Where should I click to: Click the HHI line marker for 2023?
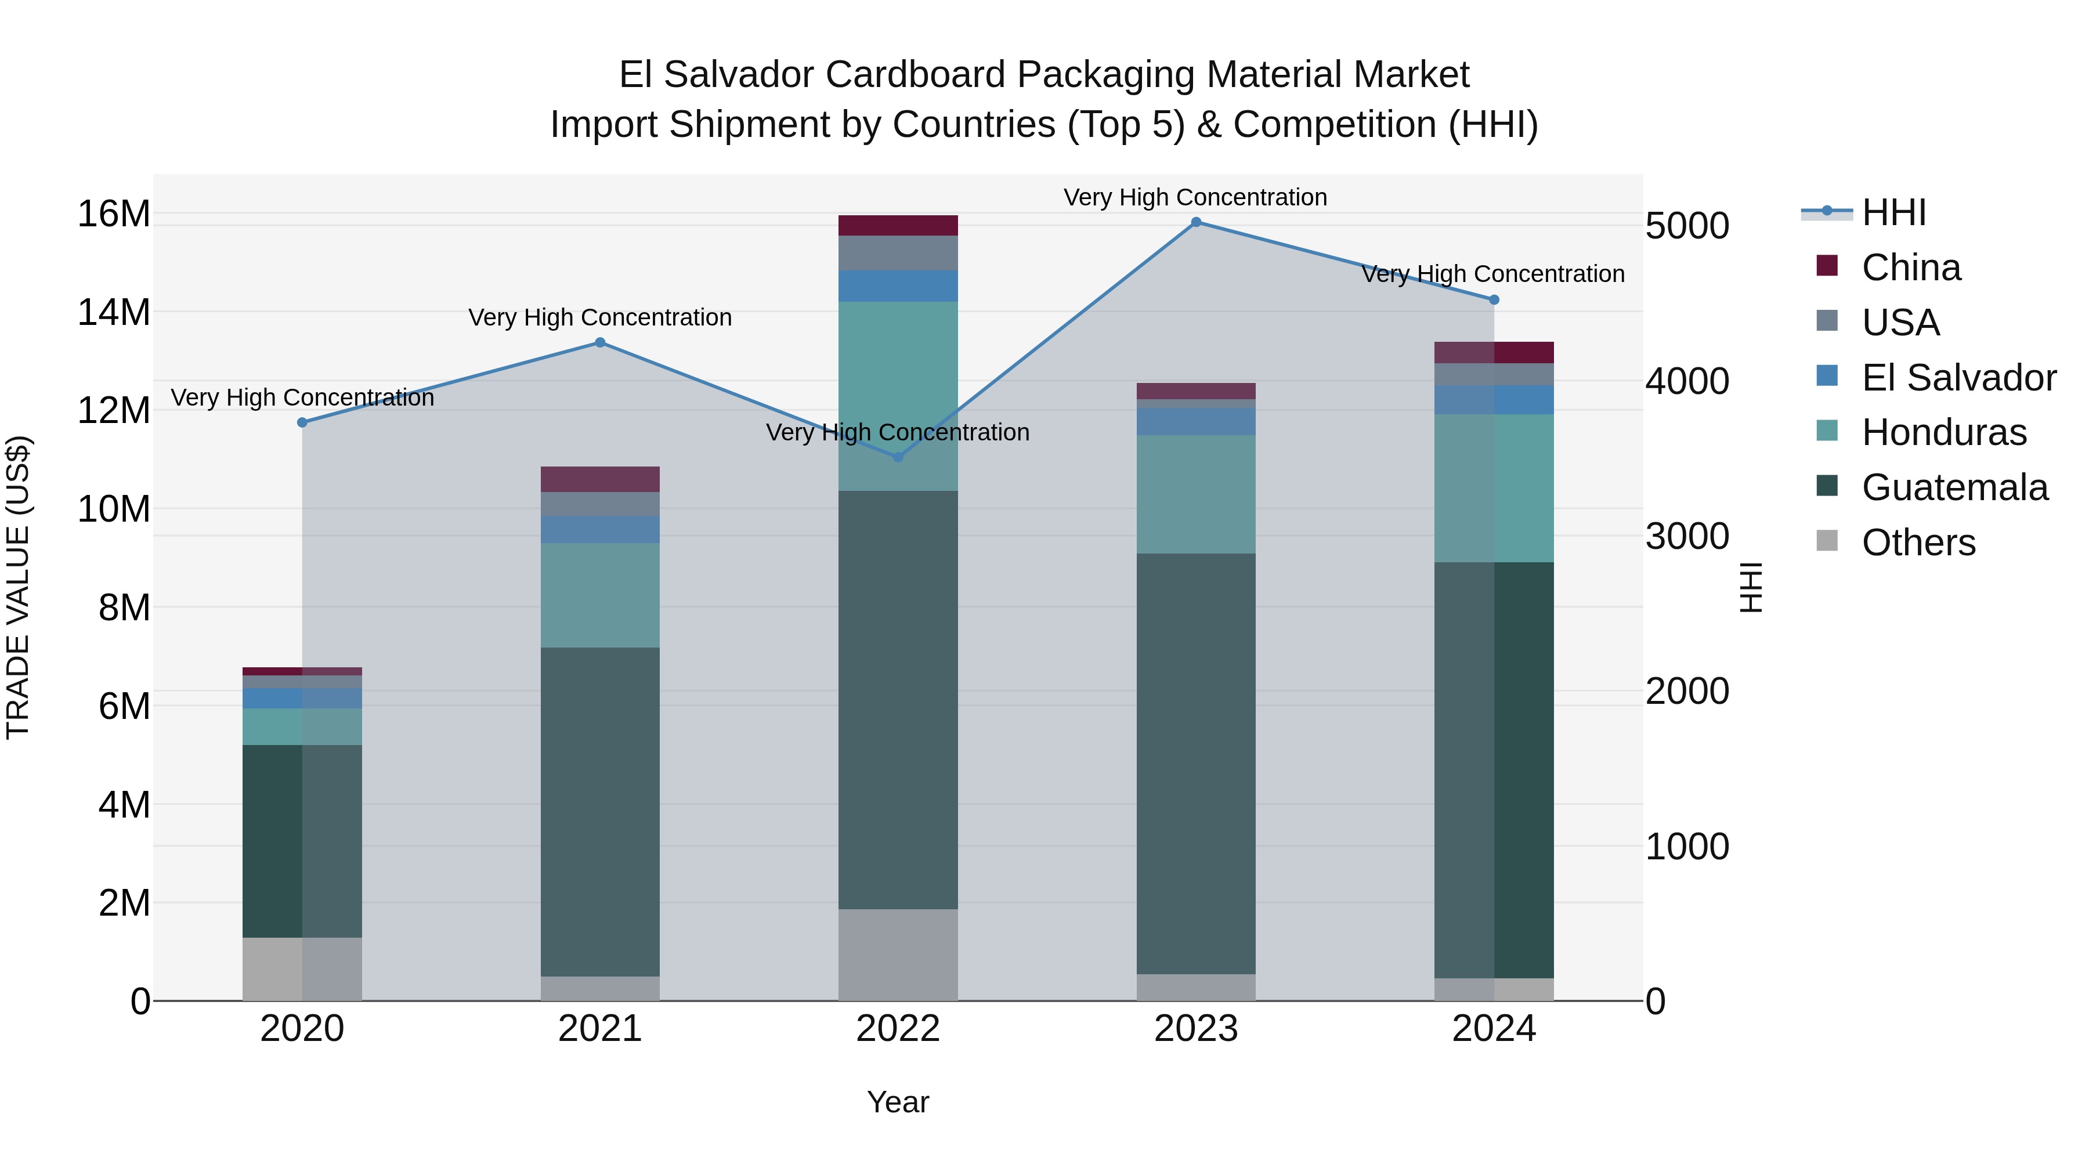coord(1195,222)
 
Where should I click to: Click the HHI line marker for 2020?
coord(302,422)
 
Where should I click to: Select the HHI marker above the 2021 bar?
coord(600,343)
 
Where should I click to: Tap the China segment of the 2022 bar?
coord(898,226)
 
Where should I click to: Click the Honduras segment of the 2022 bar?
coord(898,396)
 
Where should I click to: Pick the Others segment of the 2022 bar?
coord(898,955)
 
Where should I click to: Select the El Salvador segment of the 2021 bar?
coord(600,530)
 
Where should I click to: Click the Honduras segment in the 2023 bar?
coord(1195,494)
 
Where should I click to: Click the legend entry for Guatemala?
coord(1954,487)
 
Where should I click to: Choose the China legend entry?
coord(1911,267)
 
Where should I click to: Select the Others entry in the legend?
coord(1918,543)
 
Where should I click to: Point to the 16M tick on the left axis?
coord(114,214)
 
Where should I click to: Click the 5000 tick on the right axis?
coord(1687,226)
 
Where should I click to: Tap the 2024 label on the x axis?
coord(1494,1029)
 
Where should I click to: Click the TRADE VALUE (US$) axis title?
coord(18,587)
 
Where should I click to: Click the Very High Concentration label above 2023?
coord(1195,197)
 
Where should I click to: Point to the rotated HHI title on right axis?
coord(1752,587)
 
